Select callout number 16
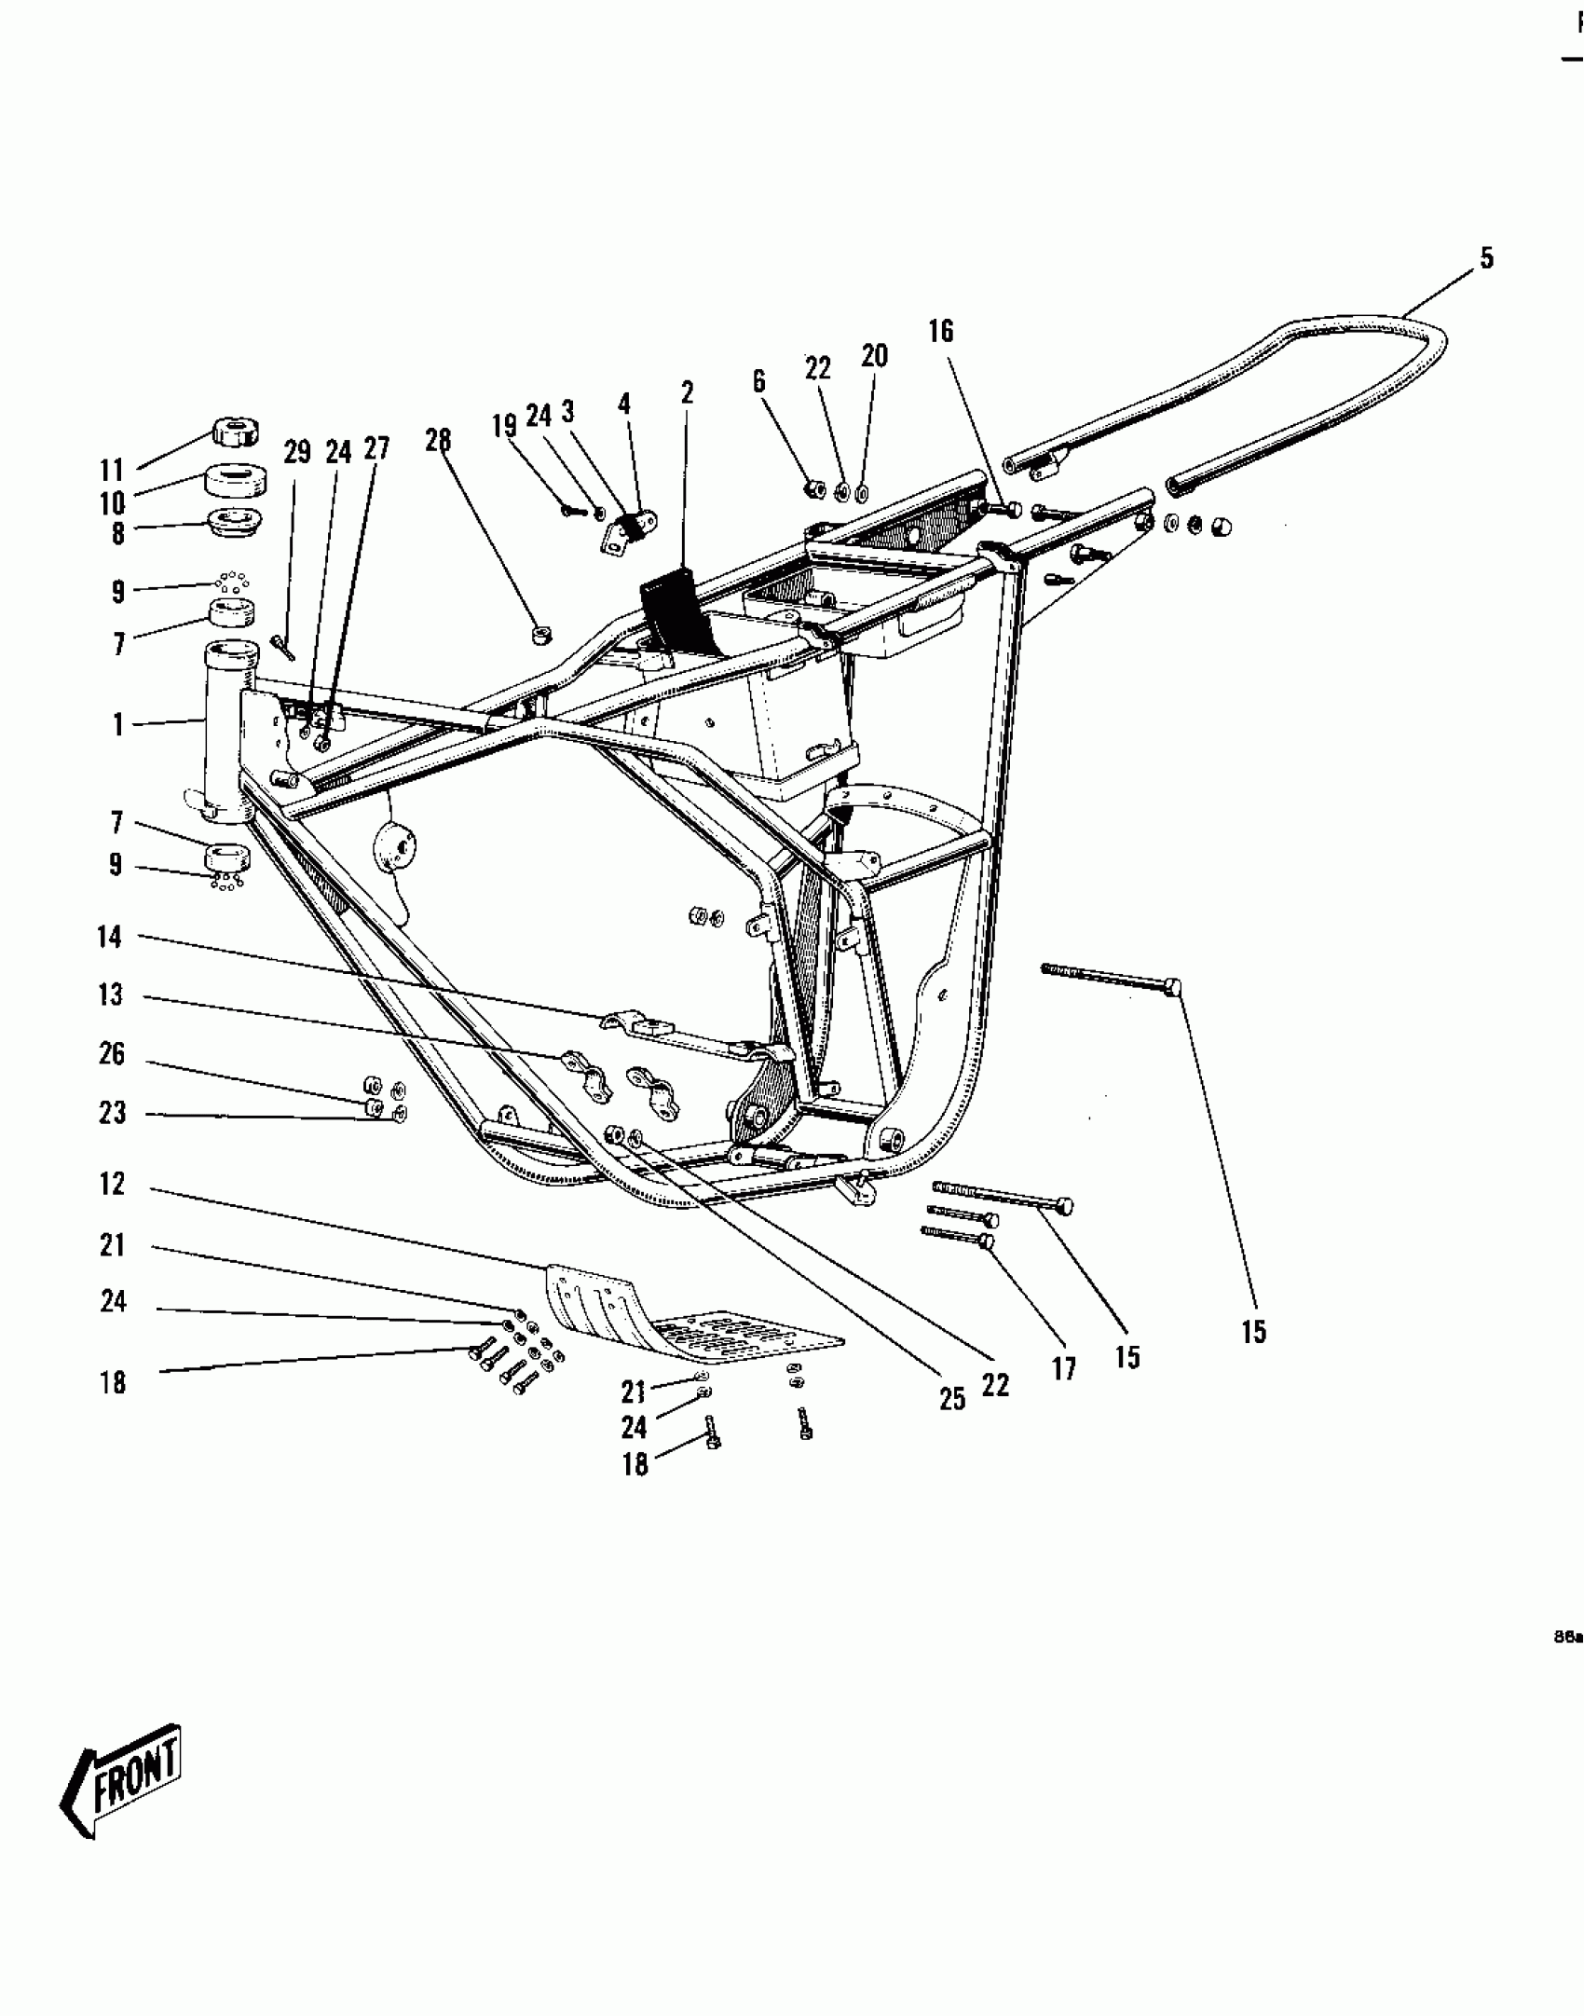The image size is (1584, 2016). click(941, 331)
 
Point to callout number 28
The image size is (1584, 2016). click(438, 440)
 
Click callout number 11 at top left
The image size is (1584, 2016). click(113, 470)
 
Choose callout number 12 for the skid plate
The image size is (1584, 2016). click(112, 1184)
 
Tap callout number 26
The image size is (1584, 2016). click(112, 1054)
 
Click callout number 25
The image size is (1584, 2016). click(952, 1399)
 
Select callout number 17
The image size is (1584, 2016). click(1064, 1369)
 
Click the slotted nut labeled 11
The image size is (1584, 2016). click(235, 432)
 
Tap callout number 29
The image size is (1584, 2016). click(297, 453)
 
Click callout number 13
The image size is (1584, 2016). click(110, 994)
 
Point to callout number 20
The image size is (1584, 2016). click(874, 355)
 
